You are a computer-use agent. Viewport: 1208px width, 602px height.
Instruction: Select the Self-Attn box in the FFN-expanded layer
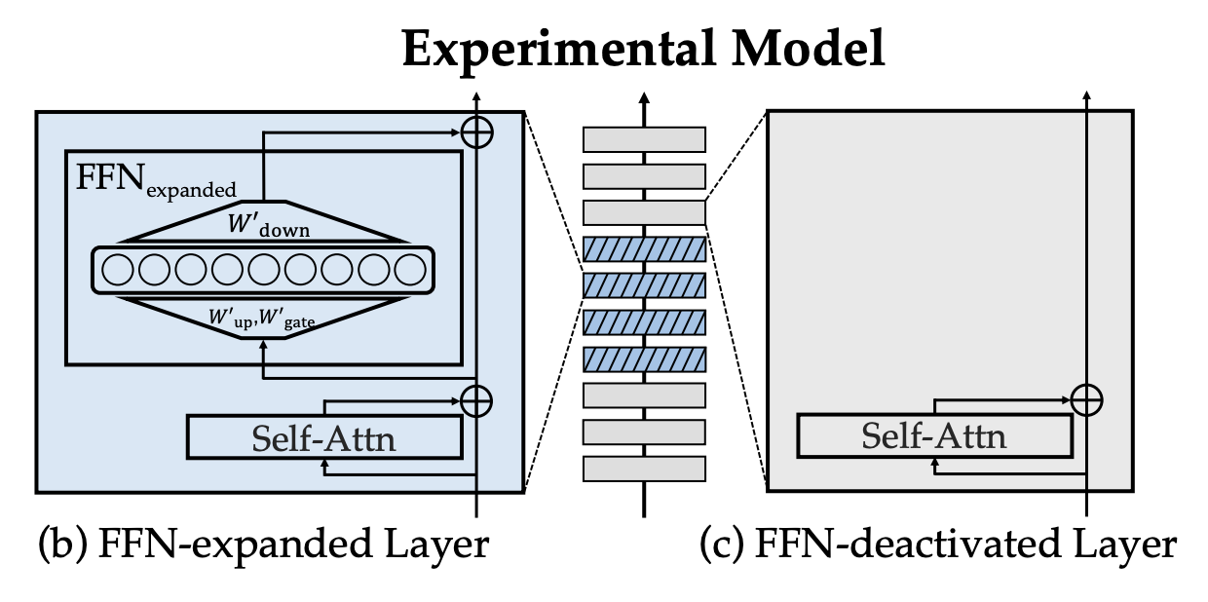(x=323, y=437)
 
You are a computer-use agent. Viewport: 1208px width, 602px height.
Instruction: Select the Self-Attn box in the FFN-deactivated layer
(x=933, y=434)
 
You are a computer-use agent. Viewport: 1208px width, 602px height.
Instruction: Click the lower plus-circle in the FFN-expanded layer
(x=475, y=400)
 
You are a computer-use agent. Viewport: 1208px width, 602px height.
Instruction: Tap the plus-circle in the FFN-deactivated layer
(x=1086, y=397)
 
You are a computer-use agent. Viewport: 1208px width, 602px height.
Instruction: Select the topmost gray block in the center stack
(x=644, y=139)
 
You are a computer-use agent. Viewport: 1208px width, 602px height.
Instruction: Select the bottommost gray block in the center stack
(x=644, y=469)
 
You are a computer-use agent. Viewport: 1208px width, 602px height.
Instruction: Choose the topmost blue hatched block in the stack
(x=644, y=249)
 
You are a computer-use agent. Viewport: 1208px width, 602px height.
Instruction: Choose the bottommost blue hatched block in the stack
(x=644, y=359)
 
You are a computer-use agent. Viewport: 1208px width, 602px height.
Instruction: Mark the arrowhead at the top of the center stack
(x=644, y=97)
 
